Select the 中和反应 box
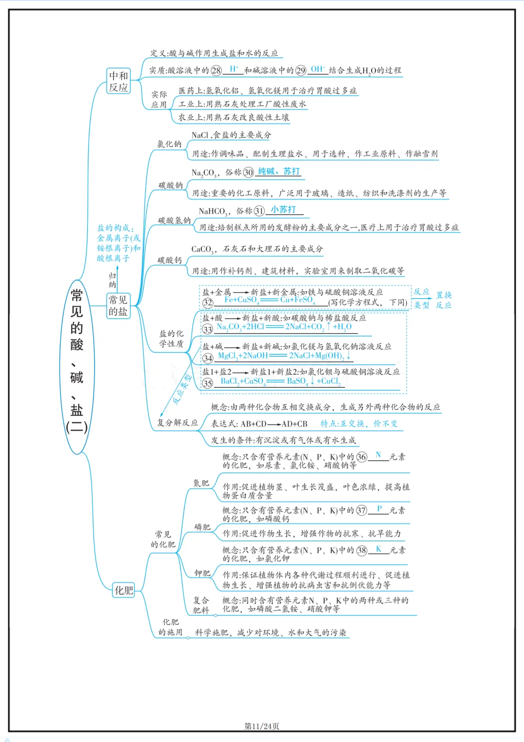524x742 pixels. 118,81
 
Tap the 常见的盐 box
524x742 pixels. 118,306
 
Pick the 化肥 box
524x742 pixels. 123,590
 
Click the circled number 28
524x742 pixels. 216,70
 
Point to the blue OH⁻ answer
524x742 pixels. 318,69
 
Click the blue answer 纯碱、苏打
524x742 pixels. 278,171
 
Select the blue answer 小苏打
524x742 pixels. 283,209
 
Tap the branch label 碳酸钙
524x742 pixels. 169,260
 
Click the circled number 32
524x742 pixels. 208,303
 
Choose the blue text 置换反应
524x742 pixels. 443,300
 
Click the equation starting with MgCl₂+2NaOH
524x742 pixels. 284,356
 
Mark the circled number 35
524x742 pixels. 208,383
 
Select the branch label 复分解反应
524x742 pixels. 178,422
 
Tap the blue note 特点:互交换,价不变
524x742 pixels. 359,423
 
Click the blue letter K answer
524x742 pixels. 378,549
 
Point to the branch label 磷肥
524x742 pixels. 202,527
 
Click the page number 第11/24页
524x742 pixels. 262,726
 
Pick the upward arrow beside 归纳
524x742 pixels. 117,279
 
